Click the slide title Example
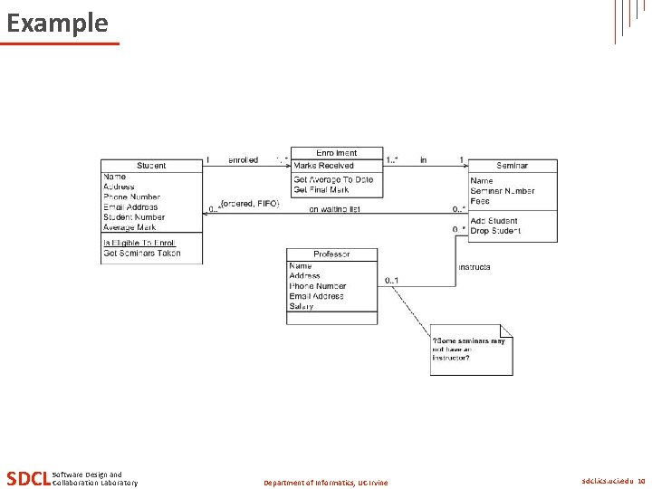coord(57,23)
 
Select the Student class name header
coord(151,166)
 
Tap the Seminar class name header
coord(512,166)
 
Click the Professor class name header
coord(331,254)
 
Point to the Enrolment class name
coord(336,153)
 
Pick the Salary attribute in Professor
coord(302,306)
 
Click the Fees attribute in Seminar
coord(480,201)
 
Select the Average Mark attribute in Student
coord(129,227)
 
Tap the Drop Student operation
coord(495,231)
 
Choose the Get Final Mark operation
coord(321,189)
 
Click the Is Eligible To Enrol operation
coord(139,243)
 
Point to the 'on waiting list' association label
coord(336,210)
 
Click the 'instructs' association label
coord(475,267)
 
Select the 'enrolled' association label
coord(242,160)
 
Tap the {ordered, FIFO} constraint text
coord(250,204)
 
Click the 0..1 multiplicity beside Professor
coord(391,280)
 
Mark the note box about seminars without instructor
coord(470,350)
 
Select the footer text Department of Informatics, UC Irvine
coord(325,483)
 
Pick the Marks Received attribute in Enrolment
coord(323,166)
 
